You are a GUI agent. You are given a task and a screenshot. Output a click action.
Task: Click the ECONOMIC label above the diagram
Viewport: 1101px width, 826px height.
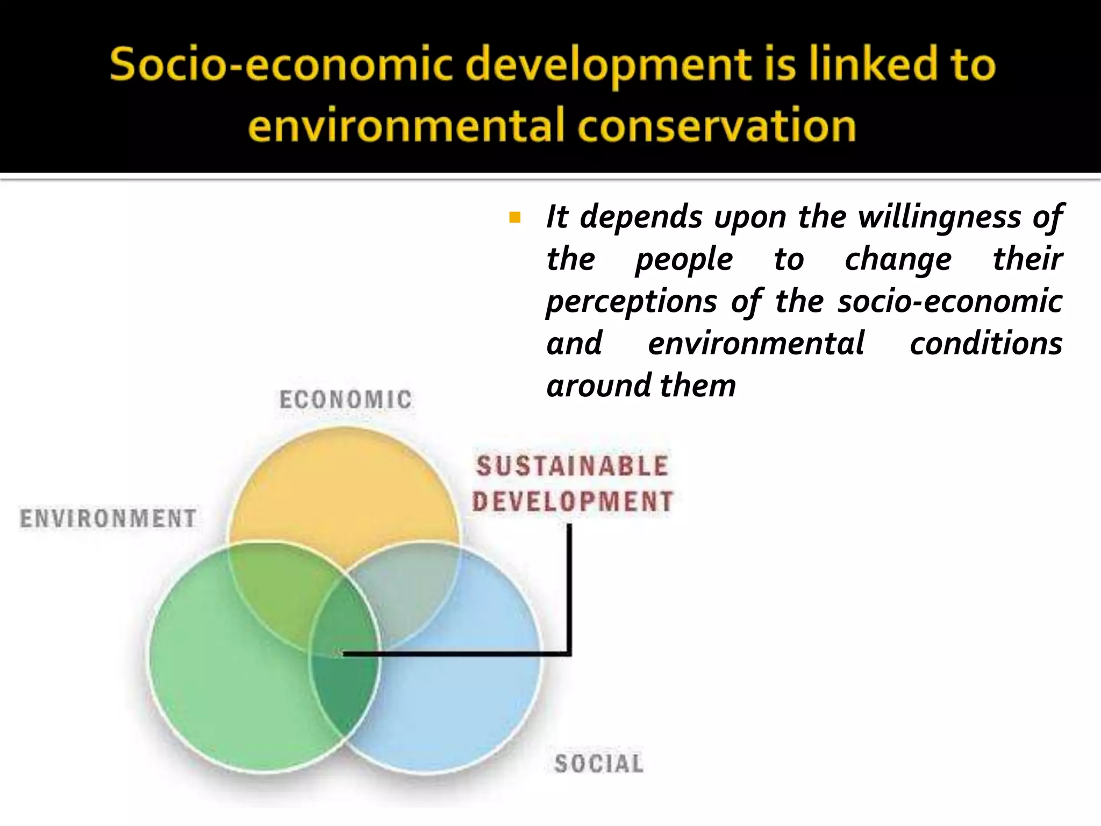346,400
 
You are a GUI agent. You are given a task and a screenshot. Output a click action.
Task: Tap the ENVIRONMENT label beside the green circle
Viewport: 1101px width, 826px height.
108,518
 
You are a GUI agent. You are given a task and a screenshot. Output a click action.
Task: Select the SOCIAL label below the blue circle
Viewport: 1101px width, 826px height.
598,764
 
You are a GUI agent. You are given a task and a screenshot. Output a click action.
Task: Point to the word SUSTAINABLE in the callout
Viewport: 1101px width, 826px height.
573,466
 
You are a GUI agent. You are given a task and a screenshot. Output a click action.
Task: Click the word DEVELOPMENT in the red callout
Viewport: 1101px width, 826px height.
573,501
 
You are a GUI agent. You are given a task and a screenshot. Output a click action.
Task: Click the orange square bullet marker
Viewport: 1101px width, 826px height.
514,218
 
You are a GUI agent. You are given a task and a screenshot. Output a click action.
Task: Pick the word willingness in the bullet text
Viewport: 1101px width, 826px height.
939,217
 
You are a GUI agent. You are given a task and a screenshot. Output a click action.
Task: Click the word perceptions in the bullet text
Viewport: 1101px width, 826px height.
632,302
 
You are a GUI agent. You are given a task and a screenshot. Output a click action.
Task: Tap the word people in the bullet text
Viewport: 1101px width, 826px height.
684,260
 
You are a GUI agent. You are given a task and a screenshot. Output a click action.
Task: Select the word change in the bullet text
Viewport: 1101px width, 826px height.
898,260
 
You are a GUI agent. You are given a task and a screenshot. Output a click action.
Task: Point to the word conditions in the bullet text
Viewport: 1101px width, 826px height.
986,344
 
